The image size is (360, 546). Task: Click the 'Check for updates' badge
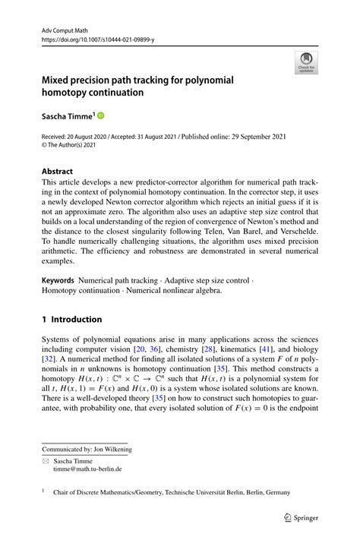307,62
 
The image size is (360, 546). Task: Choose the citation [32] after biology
49,358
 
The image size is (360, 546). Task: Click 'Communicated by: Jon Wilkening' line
87,449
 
